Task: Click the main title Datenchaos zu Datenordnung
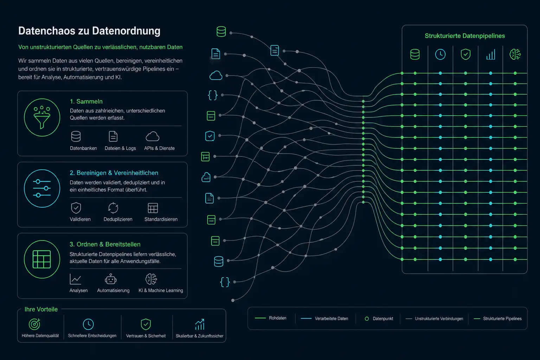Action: pyautogui.click(x=89, y=31)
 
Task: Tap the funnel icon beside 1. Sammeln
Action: pyautogui.click(x=42, y=117)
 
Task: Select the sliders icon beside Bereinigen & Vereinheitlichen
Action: pyautogui.click(x=42, y=188)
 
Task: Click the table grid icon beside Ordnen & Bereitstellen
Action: pyautogui.click(x=42, y=259)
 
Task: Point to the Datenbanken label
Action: pyautogui.click(x=83, y=148)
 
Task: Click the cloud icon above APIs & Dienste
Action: pyautogui.click(x=153, y=136)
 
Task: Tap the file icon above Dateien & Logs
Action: pyautogui.click(x=113, y=136)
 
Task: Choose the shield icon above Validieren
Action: pyautogui.click(x=76, y=208)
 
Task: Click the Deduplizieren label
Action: pyautogui.click(x=118, y=219)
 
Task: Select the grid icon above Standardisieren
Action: pyautogui.click(x=153, y=208)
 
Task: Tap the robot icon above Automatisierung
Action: pyautogui.click(x=111, y=279)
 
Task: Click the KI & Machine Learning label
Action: pyautogui.click(x=161, y=290)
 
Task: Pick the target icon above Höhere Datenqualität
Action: pyautogui.click(x=34, y=324)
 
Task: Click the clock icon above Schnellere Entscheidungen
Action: pyautogui.click(x=88, y=324)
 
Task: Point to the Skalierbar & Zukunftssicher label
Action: pyautogui.click(x=200, y=336)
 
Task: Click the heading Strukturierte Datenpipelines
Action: pyautogui.click(x=465, y=36)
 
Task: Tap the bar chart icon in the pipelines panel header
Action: pyautogui.click(x=490, y=54)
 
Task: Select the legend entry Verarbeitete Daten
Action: pyautogui.click(x=324, y=319)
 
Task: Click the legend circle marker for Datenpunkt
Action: pyautogui.click(x=367, y=319)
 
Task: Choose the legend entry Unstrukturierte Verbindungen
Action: pyautogui.click(x=435, y=319)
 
